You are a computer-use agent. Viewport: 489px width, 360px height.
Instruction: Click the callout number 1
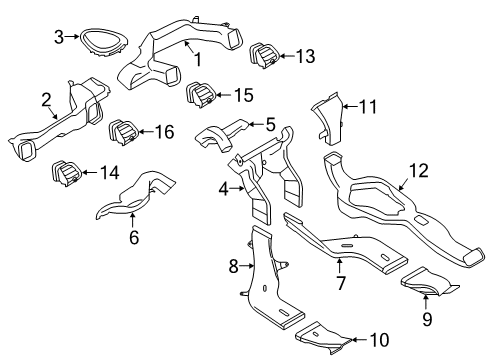pyautogui.click(x=198, y=58)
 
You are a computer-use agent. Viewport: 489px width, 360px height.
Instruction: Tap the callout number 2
pyautogui.click(x=46, y=98)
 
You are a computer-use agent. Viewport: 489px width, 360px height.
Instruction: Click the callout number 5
pyautogui.click(x=270, y=125)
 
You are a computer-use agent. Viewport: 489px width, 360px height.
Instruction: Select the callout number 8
pyautogui.click(x=233, y=267)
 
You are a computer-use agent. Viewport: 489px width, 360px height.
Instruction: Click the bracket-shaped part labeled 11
pyautogui.click(x=321, y=121)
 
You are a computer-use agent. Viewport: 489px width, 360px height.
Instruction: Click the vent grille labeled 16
pyautogui.click(x=124, y=131)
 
